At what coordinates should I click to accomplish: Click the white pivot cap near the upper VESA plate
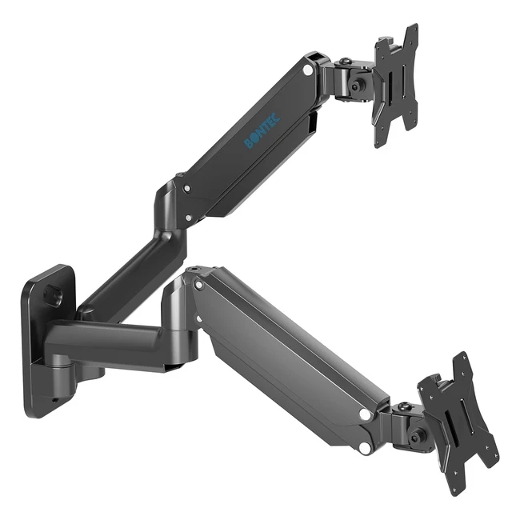pyautogui.click(x=308, y=70)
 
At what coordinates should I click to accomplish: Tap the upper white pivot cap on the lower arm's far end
pyautogui.click(x=366, y=415)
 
